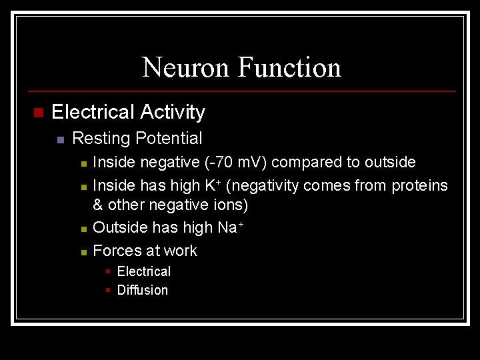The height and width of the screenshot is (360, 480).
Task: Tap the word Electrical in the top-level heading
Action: point(93,112)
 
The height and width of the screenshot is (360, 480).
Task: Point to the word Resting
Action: point(101,139)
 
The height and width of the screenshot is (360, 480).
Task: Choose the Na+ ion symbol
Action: point(231,227)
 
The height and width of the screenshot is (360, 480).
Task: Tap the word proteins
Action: point(419,185)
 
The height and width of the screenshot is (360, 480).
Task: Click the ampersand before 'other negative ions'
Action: point(98,205)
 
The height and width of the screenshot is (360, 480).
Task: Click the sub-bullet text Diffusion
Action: point(143,290)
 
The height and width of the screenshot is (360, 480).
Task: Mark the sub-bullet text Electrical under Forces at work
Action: point(144,271)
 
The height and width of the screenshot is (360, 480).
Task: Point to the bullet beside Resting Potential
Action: point(60,139)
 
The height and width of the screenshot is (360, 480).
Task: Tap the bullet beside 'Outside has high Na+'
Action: point(83,229)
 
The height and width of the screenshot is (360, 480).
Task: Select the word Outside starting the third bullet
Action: point(121,227)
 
